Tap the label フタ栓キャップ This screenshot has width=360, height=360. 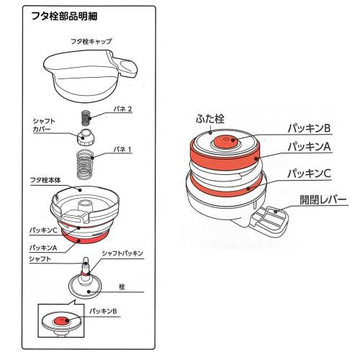pos(89,42)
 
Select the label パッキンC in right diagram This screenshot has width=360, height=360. pos(309,174)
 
